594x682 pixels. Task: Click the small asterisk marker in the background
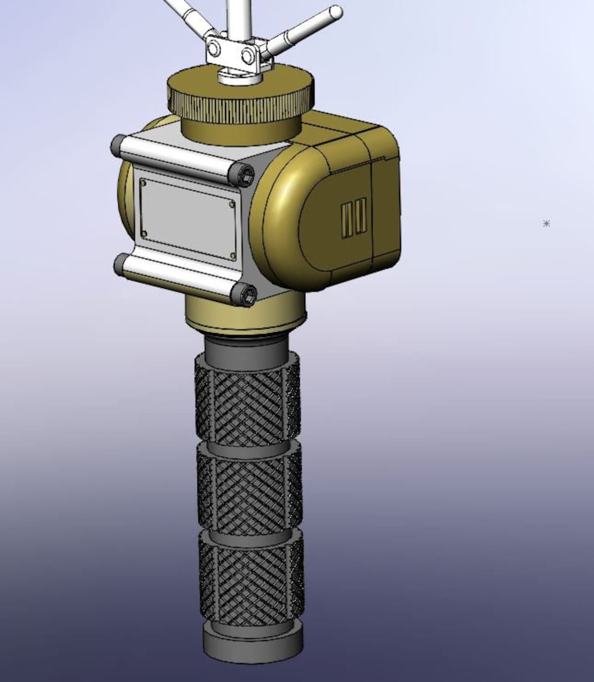tap(546, 224)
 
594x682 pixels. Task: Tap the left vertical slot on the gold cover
tap(346, 219)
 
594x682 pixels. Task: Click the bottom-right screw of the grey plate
tap(232, 256)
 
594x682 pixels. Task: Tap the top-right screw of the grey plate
tap(232, 204)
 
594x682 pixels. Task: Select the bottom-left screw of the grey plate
tap(144, 233)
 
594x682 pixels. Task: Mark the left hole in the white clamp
tap(213, 49)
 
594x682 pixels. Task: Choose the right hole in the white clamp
tap(246, 55)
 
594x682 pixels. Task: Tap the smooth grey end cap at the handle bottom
tap(253, 647)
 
